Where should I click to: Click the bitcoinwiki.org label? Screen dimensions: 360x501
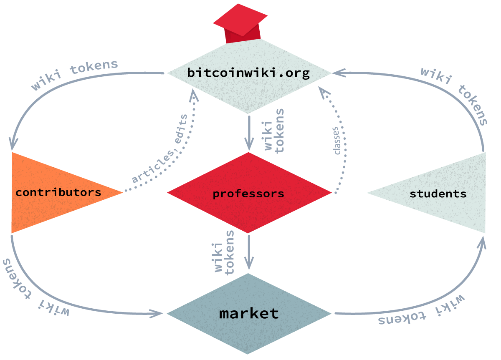coord(248,73)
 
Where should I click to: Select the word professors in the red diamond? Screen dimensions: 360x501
coord(248,194)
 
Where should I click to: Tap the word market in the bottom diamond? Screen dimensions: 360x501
coord(249,313)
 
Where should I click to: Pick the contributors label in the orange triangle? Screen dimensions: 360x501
coord(58,192)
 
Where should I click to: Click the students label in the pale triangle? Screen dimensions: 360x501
coord(438,194)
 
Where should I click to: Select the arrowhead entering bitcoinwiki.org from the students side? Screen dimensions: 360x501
coord(337,73)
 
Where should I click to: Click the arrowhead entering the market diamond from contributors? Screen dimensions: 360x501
coord(158,313)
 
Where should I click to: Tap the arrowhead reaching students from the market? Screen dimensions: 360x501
coord(483,243)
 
